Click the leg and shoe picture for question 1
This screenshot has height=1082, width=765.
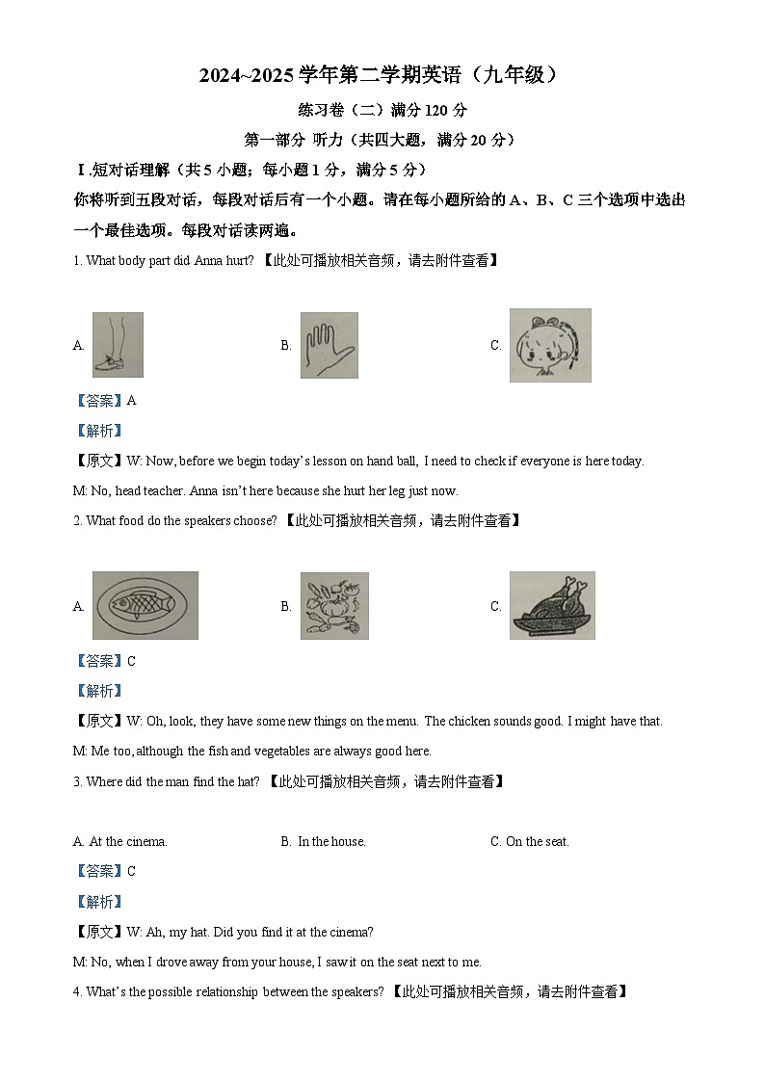point(118,345)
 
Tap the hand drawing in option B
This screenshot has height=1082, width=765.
point(329,345)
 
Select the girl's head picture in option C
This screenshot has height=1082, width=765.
point(549,345)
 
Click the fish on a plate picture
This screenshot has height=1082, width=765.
point(145,605)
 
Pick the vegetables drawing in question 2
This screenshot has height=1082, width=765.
point(333,606)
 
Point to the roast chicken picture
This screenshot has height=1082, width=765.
point(552,605)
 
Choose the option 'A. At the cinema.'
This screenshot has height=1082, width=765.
point(120,841)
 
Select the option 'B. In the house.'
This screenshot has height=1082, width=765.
point(323,841)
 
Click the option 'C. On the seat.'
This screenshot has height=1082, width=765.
point(529,841)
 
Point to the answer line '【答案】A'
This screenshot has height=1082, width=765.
point(105,400)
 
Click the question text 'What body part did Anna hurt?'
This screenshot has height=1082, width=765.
point(170,260)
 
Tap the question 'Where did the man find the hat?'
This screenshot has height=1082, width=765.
point(172,781)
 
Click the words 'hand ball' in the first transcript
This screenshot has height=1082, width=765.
point(391,461)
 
